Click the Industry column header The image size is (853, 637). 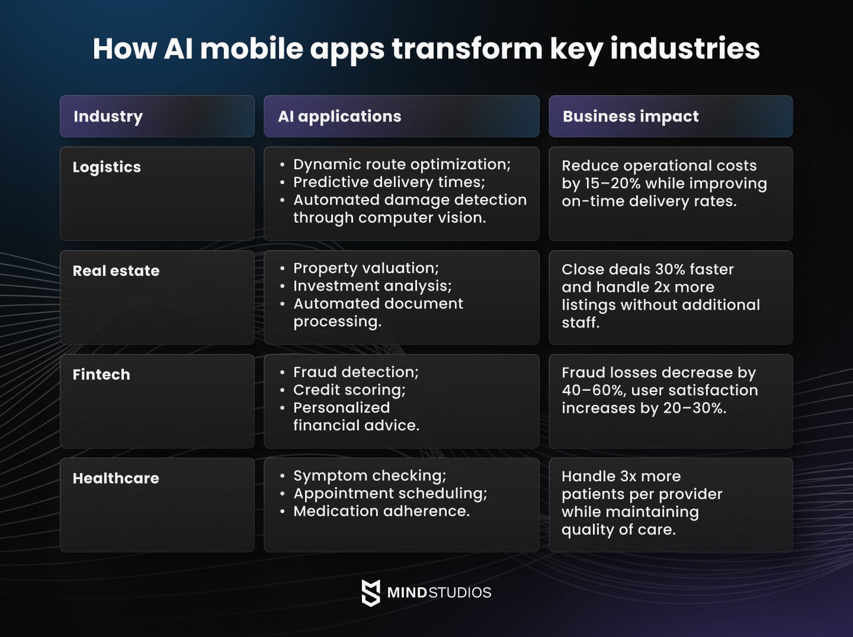(108, 117)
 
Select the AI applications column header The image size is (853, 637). (339, 117)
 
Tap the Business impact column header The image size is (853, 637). (630, 117)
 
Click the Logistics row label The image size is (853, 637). (107, 168)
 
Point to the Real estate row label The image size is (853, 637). (116, 271)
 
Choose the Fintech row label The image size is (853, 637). (101, 375)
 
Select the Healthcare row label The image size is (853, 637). (116, 478)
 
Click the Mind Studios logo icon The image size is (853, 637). (371, 593)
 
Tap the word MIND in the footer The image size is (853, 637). (407, 593)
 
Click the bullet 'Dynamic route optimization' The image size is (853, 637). (402, 165)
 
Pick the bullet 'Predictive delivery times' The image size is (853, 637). (389, 182)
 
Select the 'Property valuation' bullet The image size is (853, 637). (365, 268)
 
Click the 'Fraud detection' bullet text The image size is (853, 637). (355, 372)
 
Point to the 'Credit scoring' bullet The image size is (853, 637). (349, 390)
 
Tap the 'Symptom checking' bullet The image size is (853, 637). (370, 475)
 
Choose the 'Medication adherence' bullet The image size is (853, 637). (381, 511)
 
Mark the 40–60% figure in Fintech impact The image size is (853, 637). (593, 391)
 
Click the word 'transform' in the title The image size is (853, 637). (467, 49)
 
